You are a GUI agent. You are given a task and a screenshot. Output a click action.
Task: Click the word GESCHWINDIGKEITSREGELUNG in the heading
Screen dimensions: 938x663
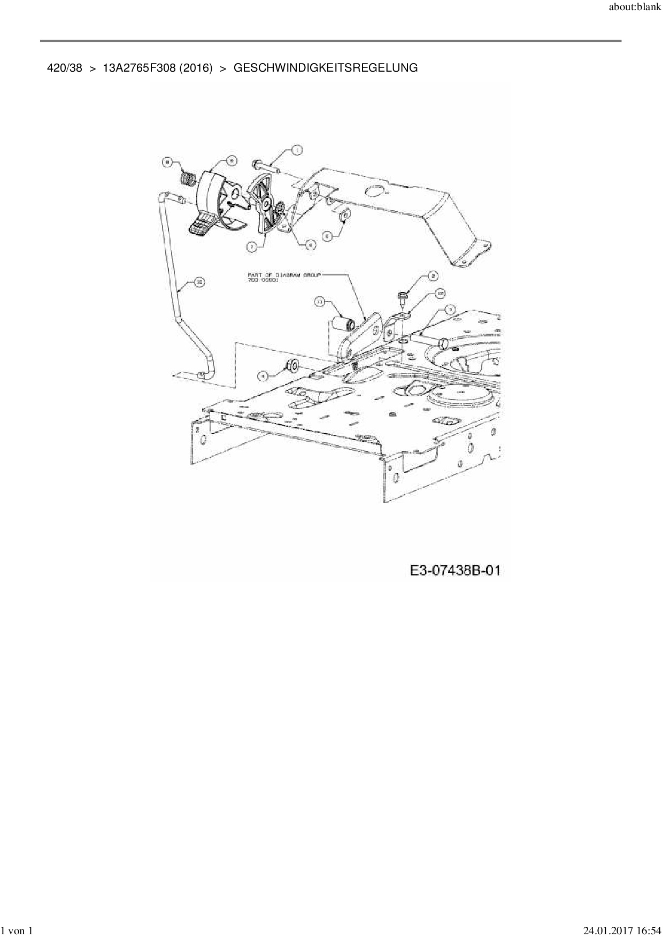point(326,68)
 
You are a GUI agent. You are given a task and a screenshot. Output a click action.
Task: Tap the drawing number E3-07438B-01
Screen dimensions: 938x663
point(456,571)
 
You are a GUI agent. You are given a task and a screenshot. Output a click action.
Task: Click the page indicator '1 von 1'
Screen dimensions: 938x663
point(18,931)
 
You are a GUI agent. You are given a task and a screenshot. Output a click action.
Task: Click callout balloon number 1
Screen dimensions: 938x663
point(296,150)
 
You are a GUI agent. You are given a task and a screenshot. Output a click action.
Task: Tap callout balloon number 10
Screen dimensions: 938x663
point(198,282)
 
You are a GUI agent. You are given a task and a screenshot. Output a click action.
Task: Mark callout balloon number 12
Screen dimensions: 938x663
point(440,293)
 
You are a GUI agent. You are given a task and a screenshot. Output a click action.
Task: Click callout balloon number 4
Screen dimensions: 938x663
point(263,376)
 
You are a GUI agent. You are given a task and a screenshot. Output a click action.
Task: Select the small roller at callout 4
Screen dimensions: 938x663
point(293,366)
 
